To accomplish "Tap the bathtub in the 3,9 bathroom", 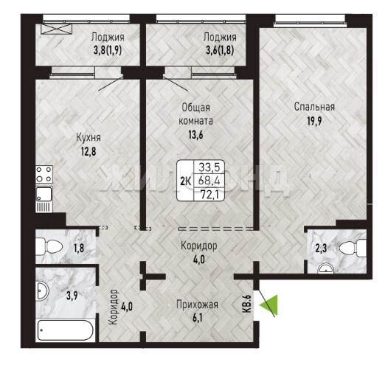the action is pos(66,330).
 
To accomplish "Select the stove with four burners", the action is pos(44,174).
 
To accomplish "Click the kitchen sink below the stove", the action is pos(44,194).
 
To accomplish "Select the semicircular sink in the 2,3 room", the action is pos(326,268).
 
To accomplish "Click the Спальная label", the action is pos(314,107).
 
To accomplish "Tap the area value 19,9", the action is pos(314,122).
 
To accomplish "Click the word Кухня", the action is pos(89,138).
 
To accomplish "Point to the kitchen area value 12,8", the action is pos(89,152).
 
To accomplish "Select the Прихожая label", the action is pos(197,305).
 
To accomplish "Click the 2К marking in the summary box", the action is pos(185,181).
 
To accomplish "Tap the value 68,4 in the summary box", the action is pos(209,181).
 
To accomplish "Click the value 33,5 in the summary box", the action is pos(209,167).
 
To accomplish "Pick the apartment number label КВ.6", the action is pos(248,303).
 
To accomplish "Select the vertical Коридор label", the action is pos(114,307).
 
